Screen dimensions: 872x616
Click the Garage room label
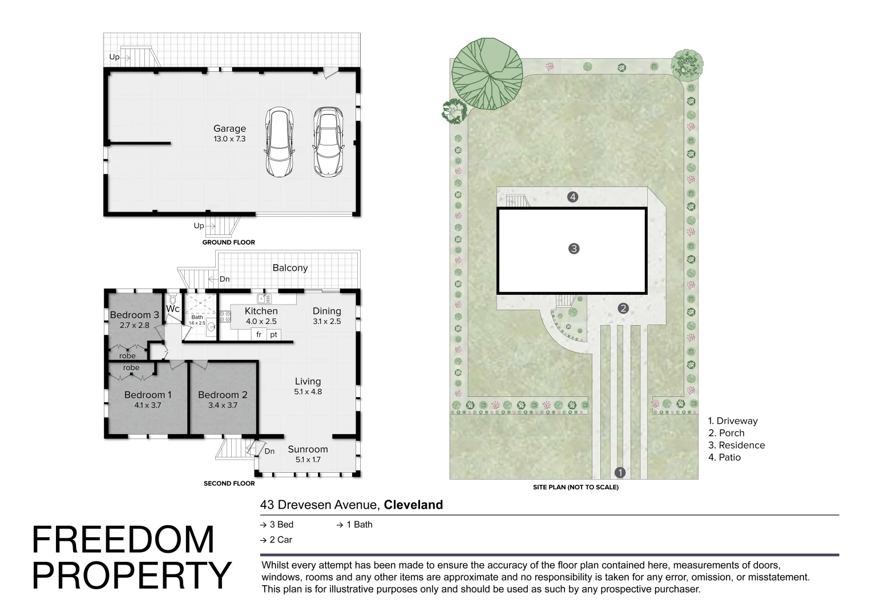[x=229, y=128]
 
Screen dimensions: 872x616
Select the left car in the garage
[x=279, y=142]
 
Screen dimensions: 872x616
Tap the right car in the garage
[x=328, y=142]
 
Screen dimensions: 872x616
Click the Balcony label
[x=290, y=268]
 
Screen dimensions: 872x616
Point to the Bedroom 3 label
[x=134, y=315]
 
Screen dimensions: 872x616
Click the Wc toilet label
[x=173, y=309]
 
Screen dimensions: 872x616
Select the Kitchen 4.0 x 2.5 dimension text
[x=261, y=322]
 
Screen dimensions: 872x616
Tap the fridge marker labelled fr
[x=259, y=335]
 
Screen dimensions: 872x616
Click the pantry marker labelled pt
[x=274, y=335]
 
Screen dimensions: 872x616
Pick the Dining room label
[x=327, y=311]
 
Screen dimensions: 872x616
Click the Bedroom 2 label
[x=223, y=395]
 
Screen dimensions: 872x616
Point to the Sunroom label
[x=308, y=449]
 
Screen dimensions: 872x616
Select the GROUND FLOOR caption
[x=228, y=242]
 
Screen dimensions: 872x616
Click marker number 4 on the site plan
[x=572, y=197]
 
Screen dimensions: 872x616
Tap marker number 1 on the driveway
[x=620, y=472]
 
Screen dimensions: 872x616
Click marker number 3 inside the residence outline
[x=574, y=249]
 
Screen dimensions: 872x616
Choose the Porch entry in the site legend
[x=726, y=433]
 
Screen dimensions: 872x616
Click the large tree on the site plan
[x=487, y=74]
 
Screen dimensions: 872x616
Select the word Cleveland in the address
[x=413, y=505]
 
